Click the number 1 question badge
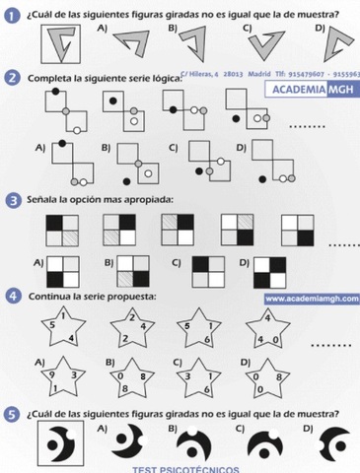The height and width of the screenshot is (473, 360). click(x=12, y=14)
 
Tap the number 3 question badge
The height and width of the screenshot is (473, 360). click(x=12, y=200)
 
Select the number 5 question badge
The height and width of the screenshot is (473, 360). click(x=12, y=414)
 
